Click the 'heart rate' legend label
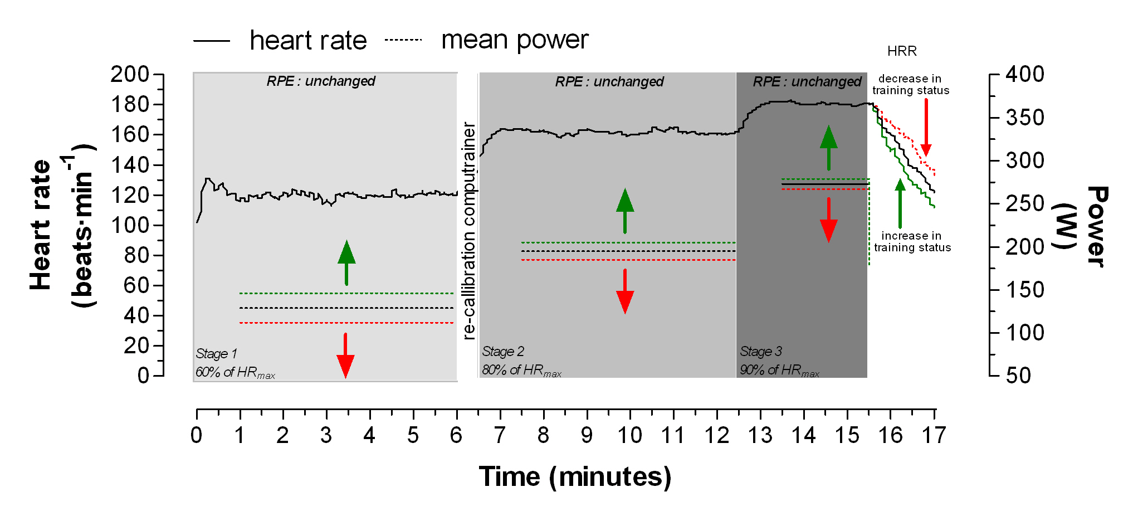[308, 41]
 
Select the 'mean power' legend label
[515, 40]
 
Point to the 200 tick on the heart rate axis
[130, 74]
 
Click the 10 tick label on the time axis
[630, 435]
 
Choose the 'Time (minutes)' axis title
[575, 477]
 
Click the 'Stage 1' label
[217, 354]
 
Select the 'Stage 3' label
[761, 352]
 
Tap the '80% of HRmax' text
[521, 371]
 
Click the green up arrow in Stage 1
[346, 262]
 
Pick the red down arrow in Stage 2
[625, 291]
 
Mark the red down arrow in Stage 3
[829, 220]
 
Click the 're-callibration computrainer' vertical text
[469, 231]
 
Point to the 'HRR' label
[902, 51]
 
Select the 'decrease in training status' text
[911, 85]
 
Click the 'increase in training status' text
[912, 242]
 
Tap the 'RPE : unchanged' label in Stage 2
[609, 82]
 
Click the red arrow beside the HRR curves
[926, 128]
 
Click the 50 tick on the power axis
[1018, 376]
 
